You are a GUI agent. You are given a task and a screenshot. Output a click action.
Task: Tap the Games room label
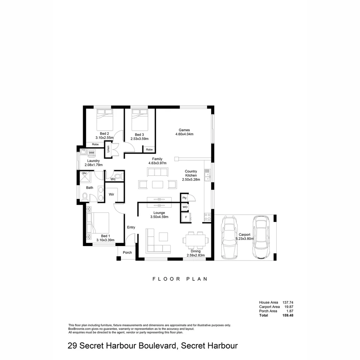tap(184, 130)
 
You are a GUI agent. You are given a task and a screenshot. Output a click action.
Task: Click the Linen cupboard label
tap(108, 149)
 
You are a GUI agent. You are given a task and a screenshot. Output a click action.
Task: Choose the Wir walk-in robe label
tap(112, 194)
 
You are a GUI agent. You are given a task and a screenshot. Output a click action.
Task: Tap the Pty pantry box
tap(184, 198)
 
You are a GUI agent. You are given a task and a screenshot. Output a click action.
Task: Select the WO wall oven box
tap(184, 207)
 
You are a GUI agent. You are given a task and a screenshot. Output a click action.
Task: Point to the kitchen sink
tap(207, 175)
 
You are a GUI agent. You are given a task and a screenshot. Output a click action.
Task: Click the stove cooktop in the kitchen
tap(207, 217)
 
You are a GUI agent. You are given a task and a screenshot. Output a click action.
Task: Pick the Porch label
tap(127, 252)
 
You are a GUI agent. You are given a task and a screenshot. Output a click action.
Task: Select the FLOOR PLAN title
tap(180, 279)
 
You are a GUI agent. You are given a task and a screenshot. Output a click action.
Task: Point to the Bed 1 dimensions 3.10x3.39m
tap(105, 240)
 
